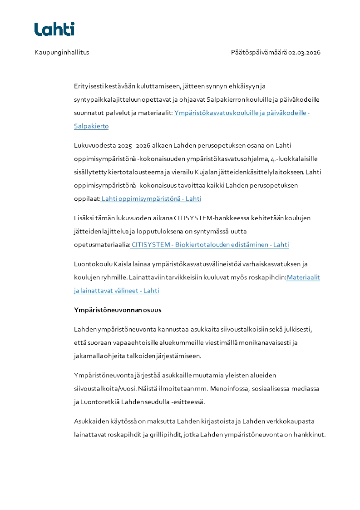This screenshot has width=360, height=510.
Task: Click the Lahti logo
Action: point(54,29)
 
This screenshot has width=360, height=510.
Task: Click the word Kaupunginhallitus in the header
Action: point(62,52)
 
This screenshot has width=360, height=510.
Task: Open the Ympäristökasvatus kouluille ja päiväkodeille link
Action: point(241,113)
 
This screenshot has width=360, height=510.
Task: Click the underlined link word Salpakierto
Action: point(91,126)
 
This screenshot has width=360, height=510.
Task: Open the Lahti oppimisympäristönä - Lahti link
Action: point(152,199)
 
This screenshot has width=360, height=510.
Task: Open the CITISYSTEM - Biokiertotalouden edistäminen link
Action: point(210,245)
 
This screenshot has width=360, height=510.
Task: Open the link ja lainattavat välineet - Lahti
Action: point(117,291)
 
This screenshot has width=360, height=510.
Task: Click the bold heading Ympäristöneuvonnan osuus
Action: point(118,310)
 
